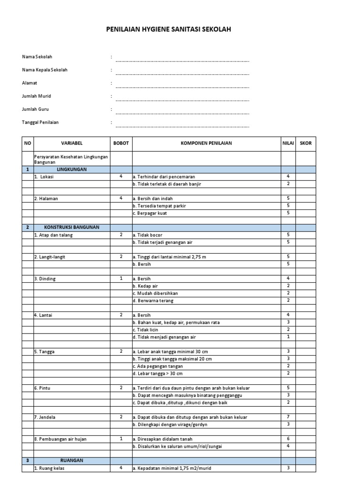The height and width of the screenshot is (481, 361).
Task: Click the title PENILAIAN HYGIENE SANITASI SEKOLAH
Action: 169,30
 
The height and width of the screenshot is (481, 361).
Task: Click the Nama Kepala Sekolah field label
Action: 45,70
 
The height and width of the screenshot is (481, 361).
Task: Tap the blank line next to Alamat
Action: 182,86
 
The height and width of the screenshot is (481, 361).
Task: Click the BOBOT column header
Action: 121,143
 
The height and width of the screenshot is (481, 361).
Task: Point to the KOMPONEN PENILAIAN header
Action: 206,143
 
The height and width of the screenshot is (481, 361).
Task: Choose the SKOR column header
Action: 306,143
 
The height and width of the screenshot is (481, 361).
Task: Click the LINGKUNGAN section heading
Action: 71,169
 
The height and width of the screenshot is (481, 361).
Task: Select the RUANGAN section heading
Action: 71,461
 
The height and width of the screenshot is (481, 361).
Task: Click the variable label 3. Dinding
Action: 45,279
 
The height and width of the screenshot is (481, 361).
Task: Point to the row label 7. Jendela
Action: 45,417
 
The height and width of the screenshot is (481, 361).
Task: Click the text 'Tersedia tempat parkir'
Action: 156,206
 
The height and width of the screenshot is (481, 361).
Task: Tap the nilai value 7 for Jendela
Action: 288,417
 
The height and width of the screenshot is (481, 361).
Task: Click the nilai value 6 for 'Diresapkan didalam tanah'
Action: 288,439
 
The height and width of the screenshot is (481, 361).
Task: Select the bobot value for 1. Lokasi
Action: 121,177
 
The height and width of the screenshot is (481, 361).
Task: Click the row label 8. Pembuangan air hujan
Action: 60,439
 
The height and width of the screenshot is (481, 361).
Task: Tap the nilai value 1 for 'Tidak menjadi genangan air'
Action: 288,337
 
